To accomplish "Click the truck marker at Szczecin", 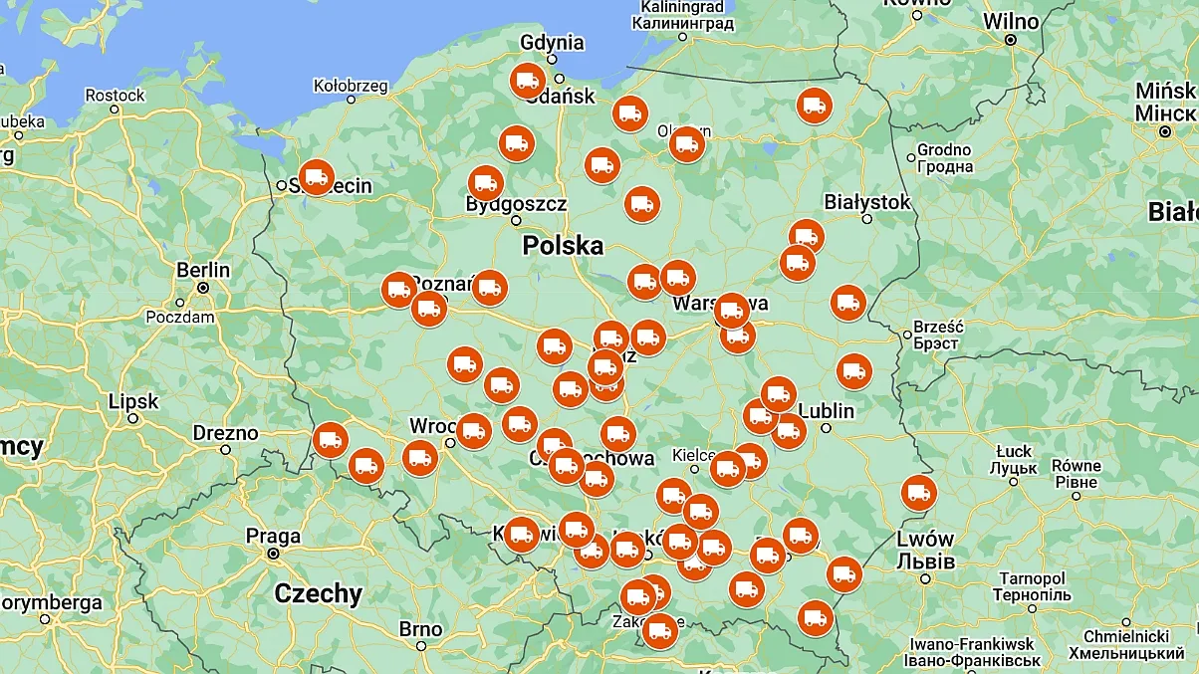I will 317,177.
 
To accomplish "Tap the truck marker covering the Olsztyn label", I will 686,144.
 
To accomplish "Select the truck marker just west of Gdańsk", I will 527,81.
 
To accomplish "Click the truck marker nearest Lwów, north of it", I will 917,493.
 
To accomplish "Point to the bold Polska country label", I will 563,245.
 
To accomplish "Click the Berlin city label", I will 203,270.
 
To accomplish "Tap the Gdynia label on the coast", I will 552,43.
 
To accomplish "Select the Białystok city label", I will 867,202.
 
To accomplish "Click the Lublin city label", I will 826,410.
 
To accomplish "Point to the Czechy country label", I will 319,594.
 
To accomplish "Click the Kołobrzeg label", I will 351,86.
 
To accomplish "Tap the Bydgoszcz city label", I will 516,204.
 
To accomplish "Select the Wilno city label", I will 1011,20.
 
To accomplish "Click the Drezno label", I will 225,433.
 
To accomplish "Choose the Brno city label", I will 420,629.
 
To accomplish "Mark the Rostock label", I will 115,96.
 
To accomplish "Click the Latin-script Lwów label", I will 925,539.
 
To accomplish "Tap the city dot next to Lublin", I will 826,428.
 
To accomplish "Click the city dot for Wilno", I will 1010,40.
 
